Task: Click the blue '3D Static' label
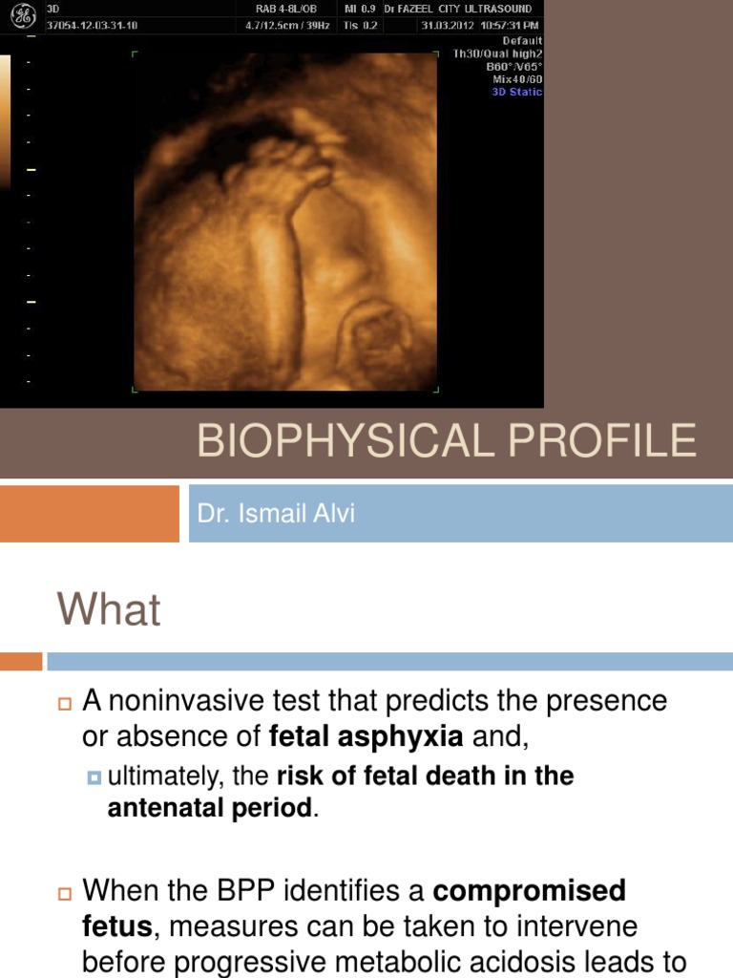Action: (x=517, y=93)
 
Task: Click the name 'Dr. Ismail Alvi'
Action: (x=276, y=514)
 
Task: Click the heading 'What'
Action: (x=109, y=610)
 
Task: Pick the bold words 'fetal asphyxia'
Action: (x=366, y=736)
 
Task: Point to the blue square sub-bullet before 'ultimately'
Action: (x=94, y=777)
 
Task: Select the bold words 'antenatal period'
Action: (x=209, y=808)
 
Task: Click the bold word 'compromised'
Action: (x=530, y=891)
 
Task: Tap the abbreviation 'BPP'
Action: (x=281, y=891)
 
